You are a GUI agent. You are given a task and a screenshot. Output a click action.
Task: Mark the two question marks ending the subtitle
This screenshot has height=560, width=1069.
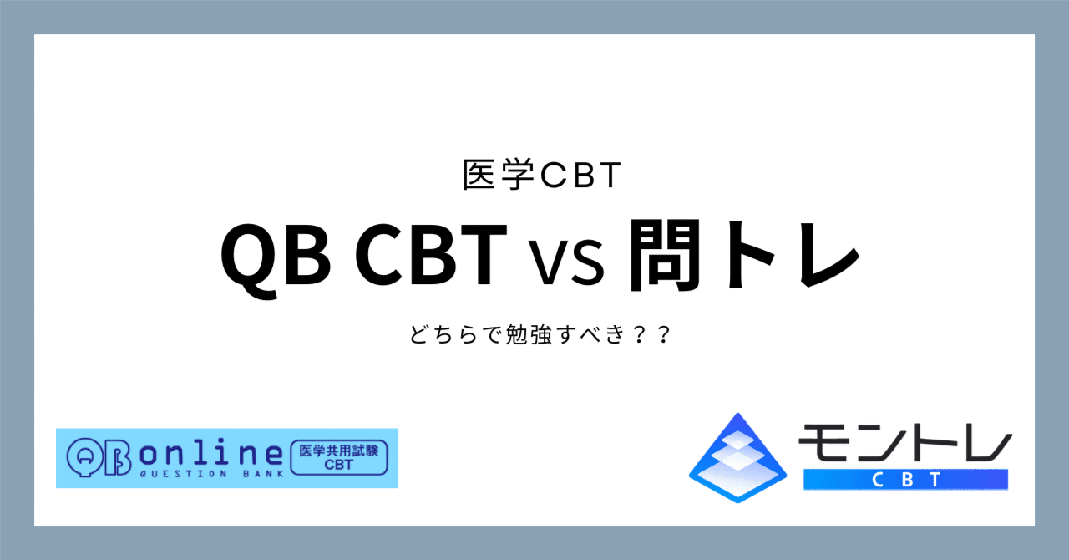[654, 337]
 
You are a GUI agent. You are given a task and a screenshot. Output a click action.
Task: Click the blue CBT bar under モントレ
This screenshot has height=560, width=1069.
[905, 479]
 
